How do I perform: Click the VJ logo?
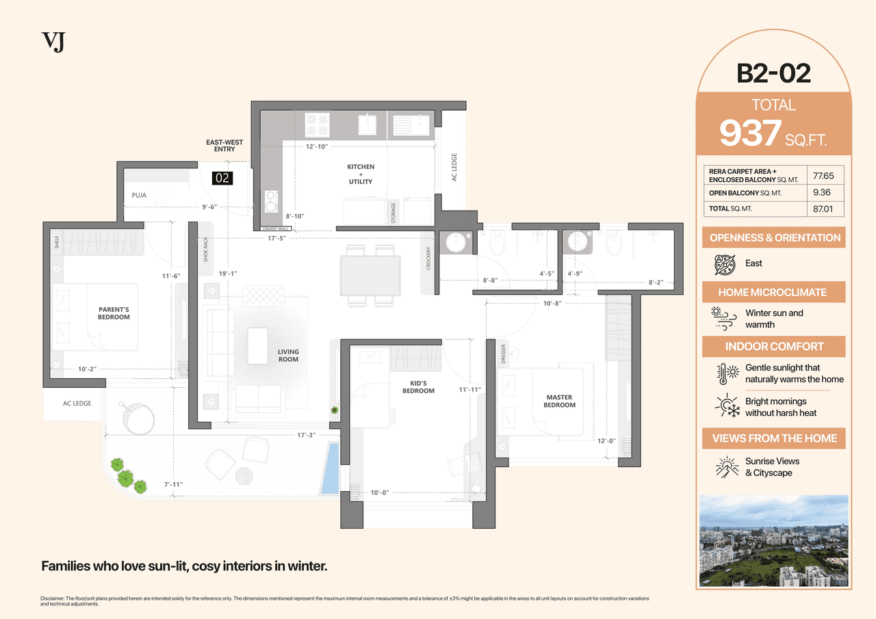(53, 42)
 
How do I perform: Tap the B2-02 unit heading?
(773, 73)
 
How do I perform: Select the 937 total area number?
(750, 133)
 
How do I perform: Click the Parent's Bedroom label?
(114, 313)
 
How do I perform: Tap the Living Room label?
(288, 356)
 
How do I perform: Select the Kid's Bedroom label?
(418, 387)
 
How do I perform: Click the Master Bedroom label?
(559, 401)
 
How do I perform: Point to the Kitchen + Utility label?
(361, 174)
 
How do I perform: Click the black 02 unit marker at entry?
(222, 179)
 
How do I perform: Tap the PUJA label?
(139, 196)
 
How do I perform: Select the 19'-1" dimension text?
(229, 274)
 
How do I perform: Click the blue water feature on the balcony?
(329, 468)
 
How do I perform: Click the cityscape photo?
(773, 541)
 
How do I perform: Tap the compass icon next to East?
(724, 263)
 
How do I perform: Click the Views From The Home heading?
(773, 438)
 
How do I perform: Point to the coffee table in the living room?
(258, 345)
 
